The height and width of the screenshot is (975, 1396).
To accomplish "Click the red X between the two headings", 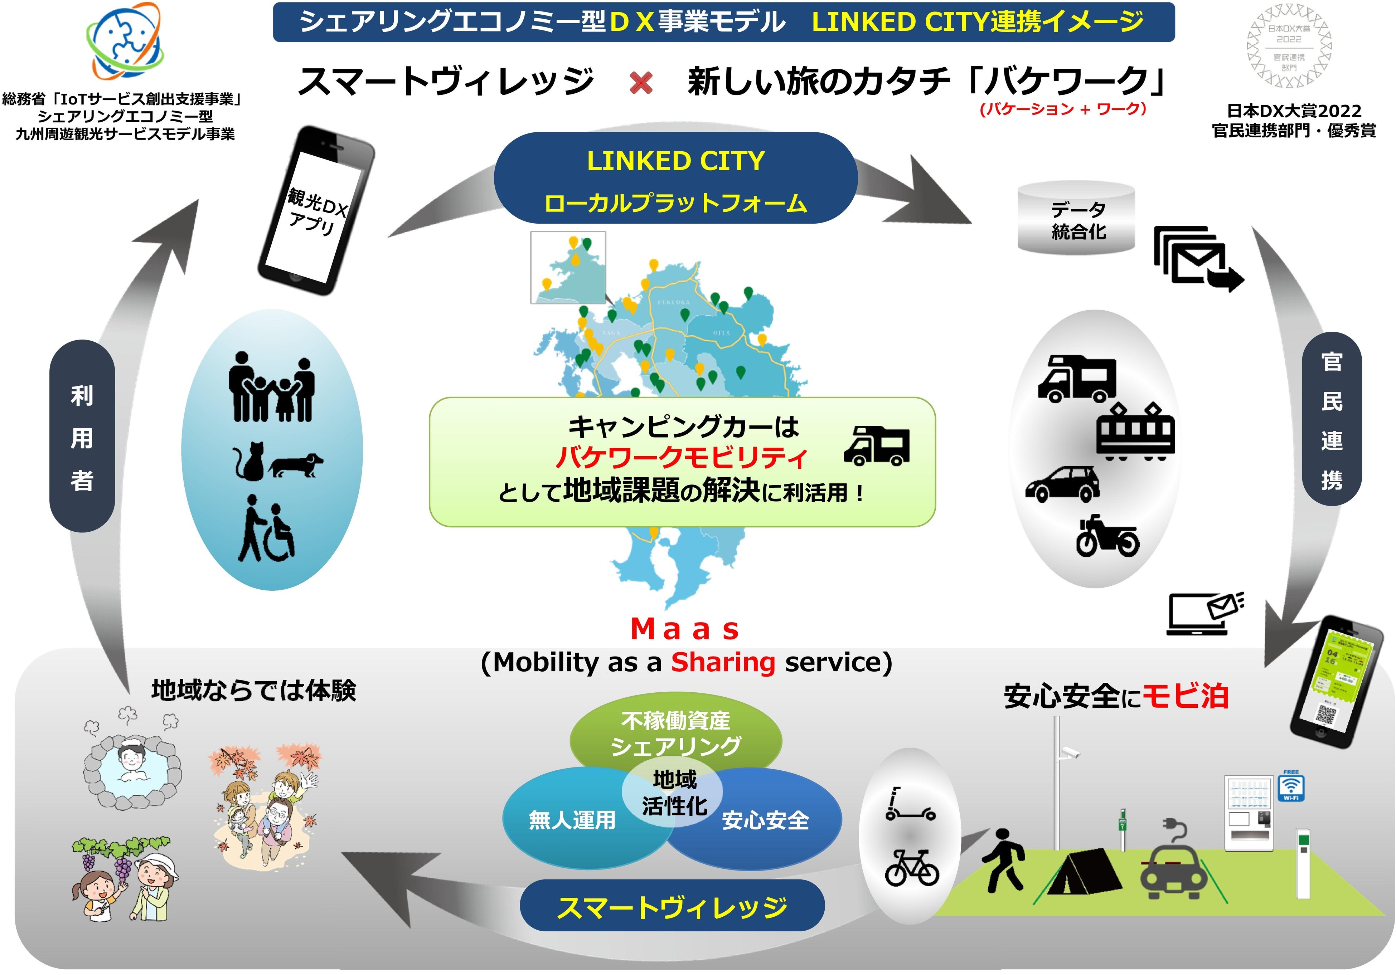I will click(641, 84).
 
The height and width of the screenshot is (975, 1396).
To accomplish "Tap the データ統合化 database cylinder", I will click(1076, 219).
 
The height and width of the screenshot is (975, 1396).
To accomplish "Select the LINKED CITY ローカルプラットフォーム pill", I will click(675, 179).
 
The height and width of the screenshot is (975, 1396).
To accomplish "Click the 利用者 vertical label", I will click(82, 437).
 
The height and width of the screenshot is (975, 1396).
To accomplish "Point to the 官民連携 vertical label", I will click(1332, 419).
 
